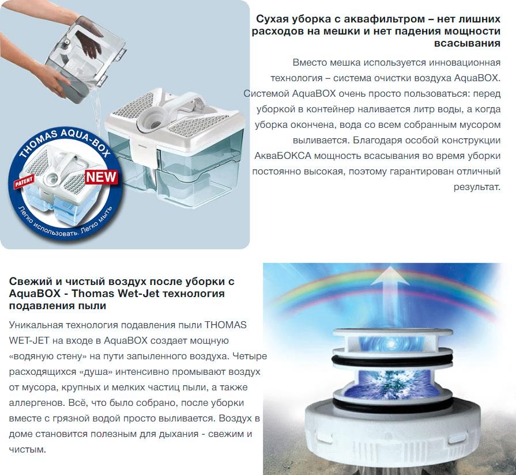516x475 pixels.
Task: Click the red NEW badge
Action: click(x=101, y=177)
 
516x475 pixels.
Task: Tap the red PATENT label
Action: click(x=24, y=181)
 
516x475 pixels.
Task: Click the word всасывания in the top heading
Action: click(x=467, y=43)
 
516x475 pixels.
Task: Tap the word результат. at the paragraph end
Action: click(x=477, y=187)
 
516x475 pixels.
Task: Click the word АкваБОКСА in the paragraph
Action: click(x=283, y=156)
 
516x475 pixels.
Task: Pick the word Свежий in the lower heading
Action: click(x=28, y=282)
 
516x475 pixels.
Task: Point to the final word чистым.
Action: click(x=27, y=449)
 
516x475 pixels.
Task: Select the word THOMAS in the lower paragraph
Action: click(x=225, y=325)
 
